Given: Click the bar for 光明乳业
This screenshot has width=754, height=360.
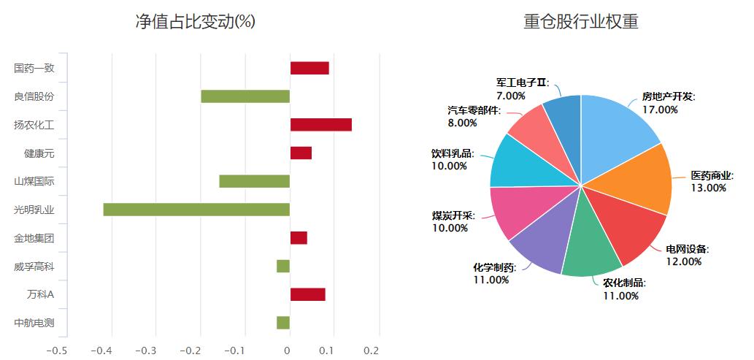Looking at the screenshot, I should (x=196, y=210).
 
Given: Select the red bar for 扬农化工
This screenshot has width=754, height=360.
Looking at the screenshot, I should (x=321, y=124).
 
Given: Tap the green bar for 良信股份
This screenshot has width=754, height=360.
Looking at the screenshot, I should (x=245, y=96).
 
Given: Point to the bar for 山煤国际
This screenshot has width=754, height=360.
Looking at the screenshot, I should (x=255, y=181).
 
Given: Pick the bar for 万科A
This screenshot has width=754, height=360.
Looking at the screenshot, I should (x=308, y=294).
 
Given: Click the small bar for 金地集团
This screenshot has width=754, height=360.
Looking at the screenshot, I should (x=299, y=238).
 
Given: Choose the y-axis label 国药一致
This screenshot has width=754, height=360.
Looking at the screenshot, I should (x=34, y=68).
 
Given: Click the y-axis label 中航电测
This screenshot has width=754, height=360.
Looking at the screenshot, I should (x=34, y=323).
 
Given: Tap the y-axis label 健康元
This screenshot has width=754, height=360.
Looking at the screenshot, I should (x=39, y=153).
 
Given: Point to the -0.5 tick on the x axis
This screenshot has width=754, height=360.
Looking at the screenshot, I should (x=57, y=351).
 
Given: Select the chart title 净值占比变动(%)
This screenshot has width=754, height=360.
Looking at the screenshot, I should (x=196, y=22).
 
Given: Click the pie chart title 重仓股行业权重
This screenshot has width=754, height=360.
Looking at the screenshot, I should (x=581, y=22).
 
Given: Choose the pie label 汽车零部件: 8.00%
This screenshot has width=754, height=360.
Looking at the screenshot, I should (x=474, y=117).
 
